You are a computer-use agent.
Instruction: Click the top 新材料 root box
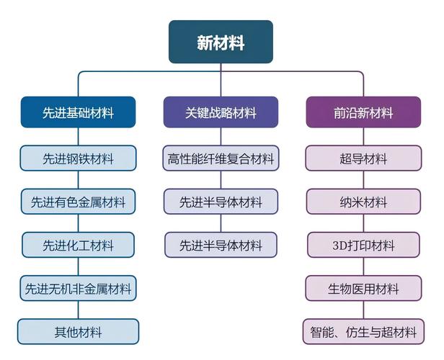[x=221, y=42]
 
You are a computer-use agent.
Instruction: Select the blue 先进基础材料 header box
[x=78, y=112]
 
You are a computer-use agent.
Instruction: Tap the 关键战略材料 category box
[x=221, y=112]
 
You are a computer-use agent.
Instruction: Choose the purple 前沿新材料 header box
[x=363, y=112]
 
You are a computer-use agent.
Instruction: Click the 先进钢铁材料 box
[x=78, y=158]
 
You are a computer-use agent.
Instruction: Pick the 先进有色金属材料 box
[x=78, y=202]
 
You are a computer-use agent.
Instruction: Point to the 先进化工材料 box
[x=78, y=245]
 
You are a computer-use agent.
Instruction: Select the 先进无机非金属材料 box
[x=78, y=289]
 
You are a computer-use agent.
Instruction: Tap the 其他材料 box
[x=78, y=332]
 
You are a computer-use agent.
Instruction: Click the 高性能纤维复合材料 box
[x=221, y=158]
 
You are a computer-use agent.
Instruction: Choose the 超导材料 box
[x=363, y=158]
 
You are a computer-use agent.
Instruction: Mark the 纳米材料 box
[x=363, y=202]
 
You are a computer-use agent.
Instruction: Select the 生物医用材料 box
[x=363, y=289]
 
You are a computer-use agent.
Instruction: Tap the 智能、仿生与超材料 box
[x=363, y=332]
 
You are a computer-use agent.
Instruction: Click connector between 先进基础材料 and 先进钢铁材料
[x=78, y=137]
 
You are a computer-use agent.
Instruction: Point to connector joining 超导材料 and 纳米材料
[x=363, y=180]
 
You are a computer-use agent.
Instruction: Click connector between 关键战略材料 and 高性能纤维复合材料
[x=221, y=137]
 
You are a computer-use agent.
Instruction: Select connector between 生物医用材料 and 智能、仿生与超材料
[x=363, y=310]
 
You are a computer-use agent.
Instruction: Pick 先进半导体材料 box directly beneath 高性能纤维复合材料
[x=221, y=202]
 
